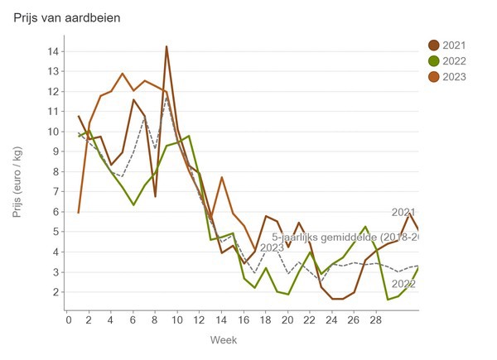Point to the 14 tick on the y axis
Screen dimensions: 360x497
tap(52, 51)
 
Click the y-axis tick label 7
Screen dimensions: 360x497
tap(55, 192)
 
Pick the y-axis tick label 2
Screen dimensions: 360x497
tap(55, 292)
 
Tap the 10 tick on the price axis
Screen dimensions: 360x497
tap(52, 132)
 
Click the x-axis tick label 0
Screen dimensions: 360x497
tap(68, 319)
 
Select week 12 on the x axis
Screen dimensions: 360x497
tap(200, 319)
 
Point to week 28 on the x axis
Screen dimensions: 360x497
tap(375, 319)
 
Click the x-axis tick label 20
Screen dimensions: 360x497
tap(287, 319)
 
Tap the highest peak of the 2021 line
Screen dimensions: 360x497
tap(166, 46)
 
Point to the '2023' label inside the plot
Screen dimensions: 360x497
tap(272, 247)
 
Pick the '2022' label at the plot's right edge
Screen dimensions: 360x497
tap(403, 284)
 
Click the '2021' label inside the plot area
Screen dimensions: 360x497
tap(403, 213)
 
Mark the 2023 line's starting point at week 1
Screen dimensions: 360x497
tap(79, 213)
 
